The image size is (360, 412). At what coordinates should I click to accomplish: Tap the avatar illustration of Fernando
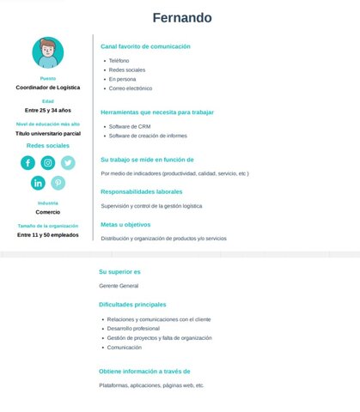point(48,52)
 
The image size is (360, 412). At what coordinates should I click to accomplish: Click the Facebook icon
point(28,163)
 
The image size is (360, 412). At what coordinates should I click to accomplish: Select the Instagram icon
point(48,163)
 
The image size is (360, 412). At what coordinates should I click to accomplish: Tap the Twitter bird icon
point(68,163)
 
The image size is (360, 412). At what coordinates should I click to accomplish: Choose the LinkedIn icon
point(38,183)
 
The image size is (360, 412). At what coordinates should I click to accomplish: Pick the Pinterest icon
point(58,183)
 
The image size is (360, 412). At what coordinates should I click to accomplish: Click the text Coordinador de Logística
point(48,87)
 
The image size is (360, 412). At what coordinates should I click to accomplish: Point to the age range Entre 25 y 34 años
point(48,110)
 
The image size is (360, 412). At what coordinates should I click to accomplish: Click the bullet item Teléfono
point(119,61)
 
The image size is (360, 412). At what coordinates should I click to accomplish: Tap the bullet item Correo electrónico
point(130,88)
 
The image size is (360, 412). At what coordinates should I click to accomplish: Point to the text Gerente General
point(119,285)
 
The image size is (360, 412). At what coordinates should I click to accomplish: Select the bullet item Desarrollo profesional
point(133,328)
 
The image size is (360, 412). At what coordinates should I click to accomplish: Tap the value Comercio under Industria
point(48,212)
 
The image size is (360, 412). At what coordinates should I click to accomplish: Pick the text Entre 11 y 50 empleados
point(48,234)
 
